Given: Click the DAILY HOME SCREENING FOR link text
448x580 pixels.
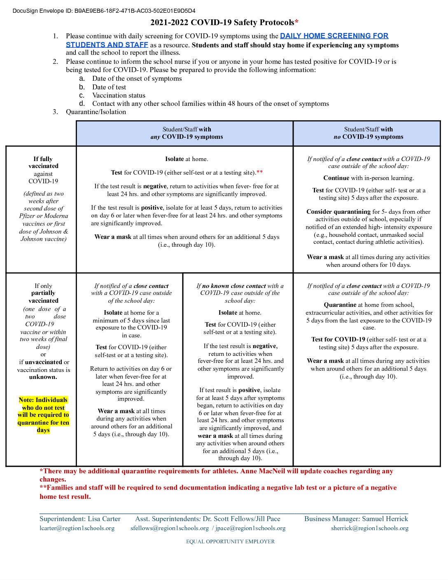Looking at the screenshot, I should point(334,36).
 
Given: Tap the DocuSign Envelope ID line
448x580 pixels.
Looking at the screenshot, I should point(104,11).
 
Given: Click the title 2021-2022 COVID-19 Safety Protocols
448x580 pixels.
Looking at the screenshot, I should point(224,23).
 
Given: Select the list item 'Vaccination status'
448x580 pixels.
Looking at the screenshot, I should point(119,96).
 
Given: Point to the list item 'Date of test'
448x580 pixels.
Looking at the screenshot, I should point(109,87).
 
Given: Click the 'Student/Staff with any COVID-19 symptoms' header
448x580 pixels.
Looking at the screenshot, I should point(187,133).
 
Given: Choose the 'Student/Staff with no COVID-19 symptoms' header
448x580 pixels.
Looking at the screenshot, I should point(368,133).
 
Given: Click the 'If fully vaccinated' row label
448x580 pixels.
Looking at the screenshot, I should point(43,163).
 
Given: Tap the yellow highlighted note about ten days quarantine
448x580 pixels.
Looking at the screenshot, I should point(43,415).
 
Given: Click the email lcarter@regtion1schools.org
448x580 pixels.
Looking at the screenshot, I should point(77,528).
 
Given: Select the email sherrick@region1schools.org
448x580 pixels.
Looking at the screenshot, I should point(370,528).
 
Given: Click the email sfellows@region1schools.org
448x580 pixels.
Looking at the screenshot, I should point(170,528).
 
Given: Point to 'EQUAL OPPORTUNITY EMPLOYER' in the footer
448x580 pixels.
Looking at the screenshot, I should point(230,542).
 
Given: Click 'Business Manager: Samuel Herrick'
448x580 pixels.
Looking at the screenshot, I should point(356,519).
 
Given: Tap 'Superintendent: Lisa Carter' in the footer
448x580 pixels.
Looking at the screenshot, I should point(80,519).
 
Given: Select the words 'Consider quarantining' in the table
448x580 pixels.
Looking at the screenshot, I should point(338,212).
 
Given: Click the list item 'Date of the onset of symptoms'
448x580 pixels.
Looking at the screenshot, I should point(137,79).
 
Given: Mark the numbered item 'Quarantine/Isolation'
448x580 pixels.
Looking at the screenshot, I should point(96,112).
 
